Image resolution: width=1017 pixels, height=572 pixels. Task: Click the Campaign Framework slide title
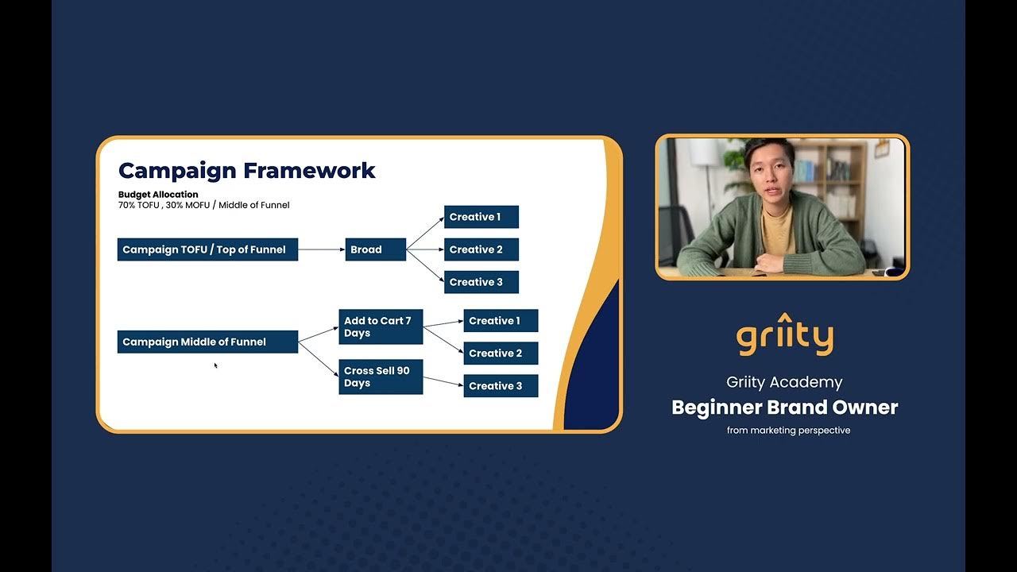[246, 170]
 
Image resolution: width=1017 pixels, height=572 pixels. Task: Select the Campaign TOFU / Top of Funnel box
[207, 249]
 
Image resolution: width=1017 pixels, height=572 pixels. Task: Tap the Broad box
[376, 249]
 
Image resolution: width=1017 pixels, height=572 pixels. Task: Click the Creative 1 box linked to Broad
[481, 217]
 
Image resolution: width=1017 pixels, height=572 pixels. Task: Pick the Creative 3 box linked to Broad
[481, 282]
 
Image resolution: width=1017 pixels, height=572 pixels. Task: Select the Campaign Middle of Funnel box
[207, 342]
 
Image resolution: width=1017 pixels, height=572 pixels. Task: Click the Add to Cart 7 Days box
[381, 327]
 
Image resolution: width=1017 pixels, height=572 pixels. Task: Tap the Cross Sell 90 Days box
[381, 377]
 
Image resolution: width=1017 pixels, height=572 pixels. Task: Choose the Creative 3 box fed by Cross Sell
[501, 386]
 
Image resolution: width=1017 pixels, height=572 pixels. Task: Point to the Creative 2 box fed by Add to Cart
[501, 354]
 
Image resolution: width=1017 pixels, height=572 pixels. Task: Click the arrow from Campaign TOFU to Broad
[322, 249]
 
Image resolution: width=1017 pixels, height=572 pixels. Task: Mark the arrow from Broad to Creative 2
[425, 249]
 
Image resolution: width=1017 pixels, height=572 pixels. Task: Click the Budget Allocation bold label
[158, 194]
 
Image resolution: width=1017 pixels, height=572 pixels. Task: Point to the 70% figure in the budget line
[128, 205]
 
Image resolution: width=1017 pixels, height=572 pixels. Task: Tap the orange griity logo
[784, 336]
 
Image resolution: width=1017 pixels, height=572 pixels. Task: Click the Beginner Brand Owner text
[784, 408]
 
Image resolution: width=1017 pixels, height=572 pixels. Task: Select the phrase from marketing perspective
[788, 431]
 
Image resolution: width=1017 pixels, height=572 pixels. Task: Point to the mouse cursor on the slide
[215, 365]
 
